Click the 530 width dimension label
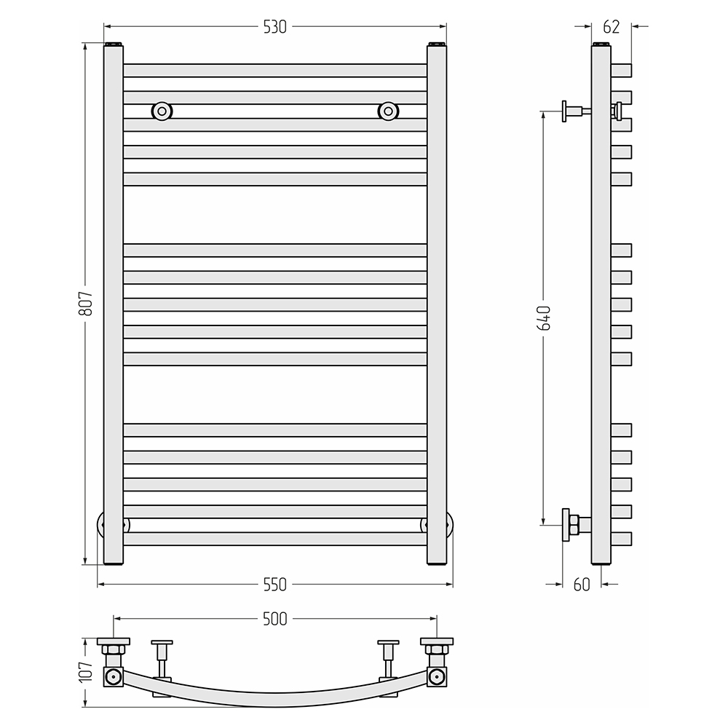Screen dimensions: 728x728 275,27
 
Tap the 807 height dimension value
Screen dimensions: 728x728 86,304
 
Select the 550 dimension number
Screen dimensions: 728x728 275,585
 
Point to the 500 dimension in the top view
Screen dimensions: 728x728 275,619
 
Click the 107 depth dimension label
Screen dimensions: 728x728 86,672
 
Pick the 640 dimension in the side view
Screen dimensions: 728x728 544,318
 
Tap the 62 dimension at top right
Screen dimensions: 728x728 611,27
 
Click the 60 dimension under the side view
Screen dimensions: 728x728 581,585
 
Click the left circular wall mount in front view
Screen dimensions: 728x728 162,111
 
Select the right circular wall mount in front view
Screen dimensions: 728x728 388,111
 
